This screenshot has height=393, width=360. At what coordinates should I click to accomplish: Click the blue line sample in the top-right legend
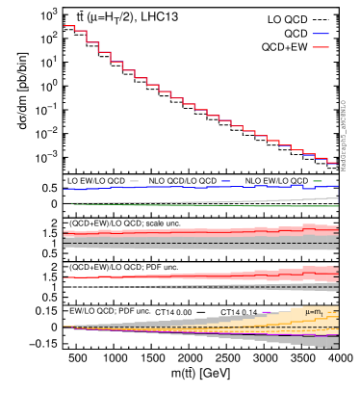click(320, 34)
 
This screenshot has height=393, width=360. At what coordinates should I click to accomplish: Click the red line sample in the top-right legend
click(320, 47)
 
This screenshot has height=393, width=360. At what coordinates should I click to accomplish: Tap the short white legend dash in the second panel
click(134, 181)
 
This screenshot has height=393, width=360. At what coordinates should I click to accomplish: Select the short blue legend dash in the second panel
click(225, 181)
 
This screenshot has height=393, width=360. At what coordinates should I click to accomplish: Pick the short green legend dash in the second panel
click(318, 181)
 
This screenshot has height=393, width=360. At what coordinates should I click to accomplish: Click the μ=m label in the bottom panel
click(314, 312)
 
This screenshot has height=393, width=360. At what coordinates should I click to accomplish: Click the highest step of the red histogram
click(68, 26)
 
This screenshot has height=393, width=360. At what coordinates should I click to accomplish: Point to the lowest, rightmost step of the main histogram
click(332, 163)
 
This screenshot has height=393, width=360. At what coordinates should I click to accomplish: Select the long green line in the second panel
click(289, 206)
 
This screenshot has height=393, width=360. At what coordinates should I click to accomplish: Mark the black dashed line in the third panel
click(193, 243)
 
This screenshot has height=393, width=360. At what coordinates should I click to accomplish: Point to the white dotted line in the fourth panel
click(106, 286)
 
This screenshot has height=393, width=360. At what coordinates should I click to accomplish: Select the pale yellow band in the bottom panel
click(308, 318)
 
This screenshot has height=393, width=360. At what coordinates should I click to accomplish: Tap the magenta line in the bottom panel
click(193, 333)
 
